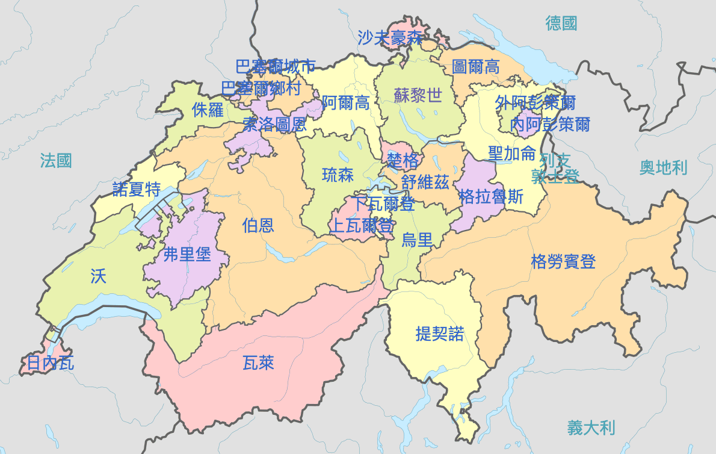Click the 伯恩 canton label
pyautogui.click(x=258, y=225)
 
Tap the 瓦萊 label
pyautogui.click(x=258, y=362)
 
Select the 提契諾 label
pyautogui.click(x=440, y=334)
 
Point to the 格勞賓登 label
pyautogui.click(x=563, y=261)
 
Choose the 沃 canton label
pyautogui.click(x=98, y=276)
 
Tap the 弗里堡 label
pyautogui.click(x=187, y=254)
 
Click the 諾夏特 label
pyautogui.click(x=137, y=190)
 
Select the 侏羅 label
pyautogui.click(x=208, y=110)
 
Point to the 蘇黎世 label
pyautogui.click(x=418, y=95)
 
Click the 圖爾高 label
pyautogui.click(x=475, y=66)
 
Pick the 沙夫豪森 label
pyautogui.click(x=390, y=38)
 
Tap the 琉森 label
pyautogui.click(x=338, y=175)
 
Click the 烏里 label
pyautogui.click(x=417, y=240)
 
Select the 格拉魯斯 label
pyautogui.click(x=491, y=196)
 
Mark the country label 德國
pyautogui.click(x=561, y=23)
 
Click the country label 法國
pyautogui.click(x=56, y=161)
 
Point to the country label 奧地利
pyautogui.click(x=663, y=167)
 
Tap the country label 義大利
pyautogui.click(x=591, y=428)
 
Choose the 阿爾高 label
pyautogui.click(x=345, y=102)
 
